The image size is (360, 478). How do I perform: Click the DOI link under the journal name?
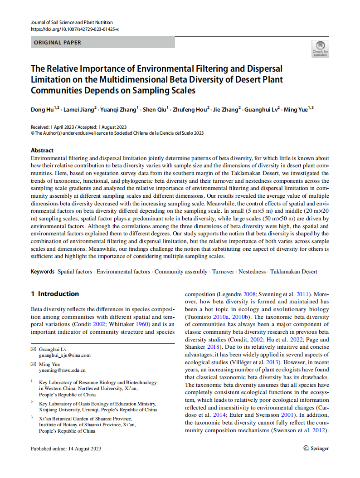pyautogui.click(x=74, y=29)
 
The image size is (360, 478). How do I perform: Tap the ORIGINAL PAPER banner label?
pyautogui.click(x=58, y=43)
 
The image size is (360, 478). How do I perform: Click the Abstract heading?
pyautogui.click(x=42, y=150)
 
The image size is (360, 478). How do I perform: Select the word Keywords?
pyautogui.click(x=43, y=272)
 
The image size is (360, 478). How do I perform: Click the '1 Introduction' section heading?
pyautogui.click(x=55, y=294)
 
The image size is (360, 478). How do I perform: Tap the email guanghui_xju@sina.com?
pyautogui.click(x=64, y=356)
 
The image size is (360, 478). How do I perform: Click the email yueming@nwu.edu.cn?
pyautogui.click(x=62, y=371)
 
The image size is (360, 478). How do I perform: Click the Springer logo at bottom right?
pyautogui.click(x=316, y=448)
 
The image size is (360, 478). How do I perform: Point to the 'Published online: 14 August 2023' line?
pyautogui.click(x=66, y=449)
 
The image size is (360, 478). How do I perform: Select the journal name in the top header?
pyautogui.click(x=72, y=22)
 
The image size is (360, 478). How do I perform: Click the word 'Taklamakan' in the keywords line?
pyautogui.click(x=285, y=272)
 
